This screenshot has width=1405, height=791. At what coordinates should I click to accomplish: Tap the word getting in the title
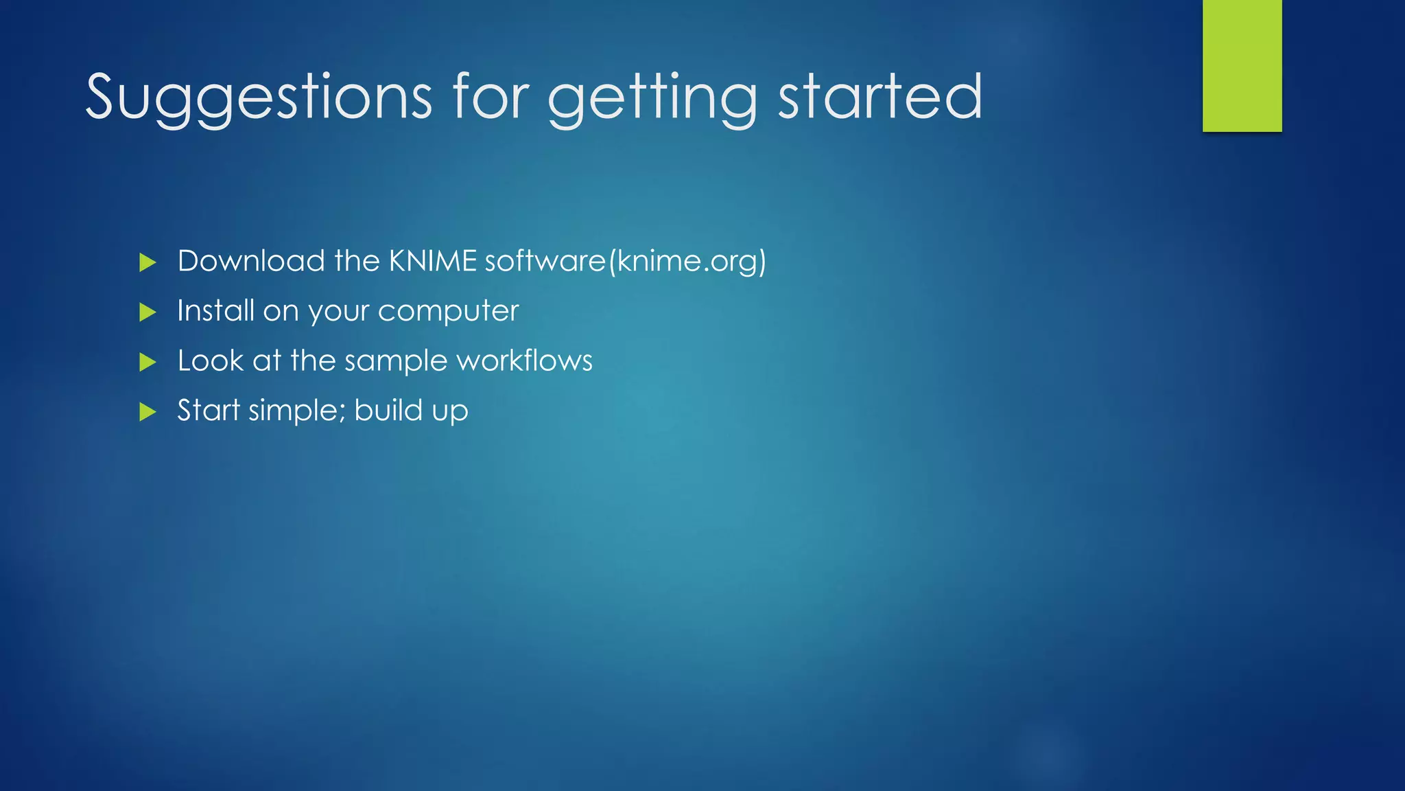click(x=652, y=100)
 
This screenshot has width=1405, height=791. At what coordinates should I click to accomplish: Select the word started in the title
click(x=880, y=98)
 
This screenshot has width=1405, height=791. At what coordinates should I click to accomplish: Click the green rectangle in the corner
click(x=1242, y=65)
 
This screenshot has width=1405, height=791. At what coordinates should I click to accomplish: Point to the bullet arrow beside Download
click(x=147, y=262)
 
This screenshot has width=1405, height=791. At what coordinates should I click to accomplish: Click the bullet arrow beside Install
click(x=147, y=312)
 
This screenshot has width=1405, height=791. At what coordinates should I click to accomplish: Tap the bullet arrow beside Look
click(x=147, y=362)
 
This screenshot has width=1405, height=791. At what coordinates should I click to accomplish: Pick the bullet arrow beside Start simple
click(x=147, y=412)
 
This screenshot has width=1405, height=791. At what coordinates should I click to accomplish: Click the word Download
click(x=251, y=261)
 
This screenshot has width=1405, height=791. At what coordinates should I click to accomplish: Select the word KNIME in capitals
click(x=432, y=261)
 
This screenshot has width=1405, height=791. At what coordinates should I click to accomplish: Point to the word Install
click(x=215, y=310)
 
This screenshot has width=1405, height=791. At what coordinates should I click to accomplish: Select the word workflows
click(x=525, y=360)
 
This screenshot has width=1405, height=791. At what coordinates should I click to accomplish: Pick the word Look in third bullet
click(x=210, y=360)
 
